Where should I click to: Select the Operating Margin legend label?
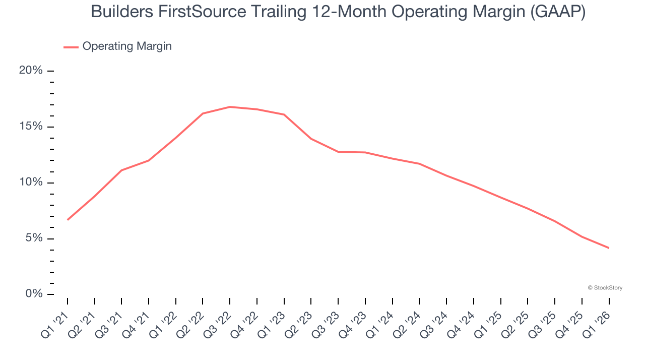tap(127, 46)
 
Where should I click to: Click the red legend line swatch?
tap(71, 47)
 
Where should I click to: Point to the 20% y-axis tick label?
tap(31, 71)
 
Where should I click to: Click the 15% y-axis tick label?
tap(31, 127)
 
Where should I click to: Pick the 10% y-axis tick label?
tap(31, 183)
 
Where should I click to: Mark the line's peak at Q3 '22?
tap(230, 107)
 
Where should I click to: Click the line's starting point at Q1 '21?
tap(68, 220)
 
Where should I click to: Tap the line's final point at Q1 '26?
tap(609, 248)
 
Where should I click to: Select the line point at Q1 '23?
tap(284, 114)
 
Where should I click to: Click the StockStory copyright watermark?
tap(605, 288)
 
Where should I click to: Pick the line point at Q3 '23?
tap(338, 152)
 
